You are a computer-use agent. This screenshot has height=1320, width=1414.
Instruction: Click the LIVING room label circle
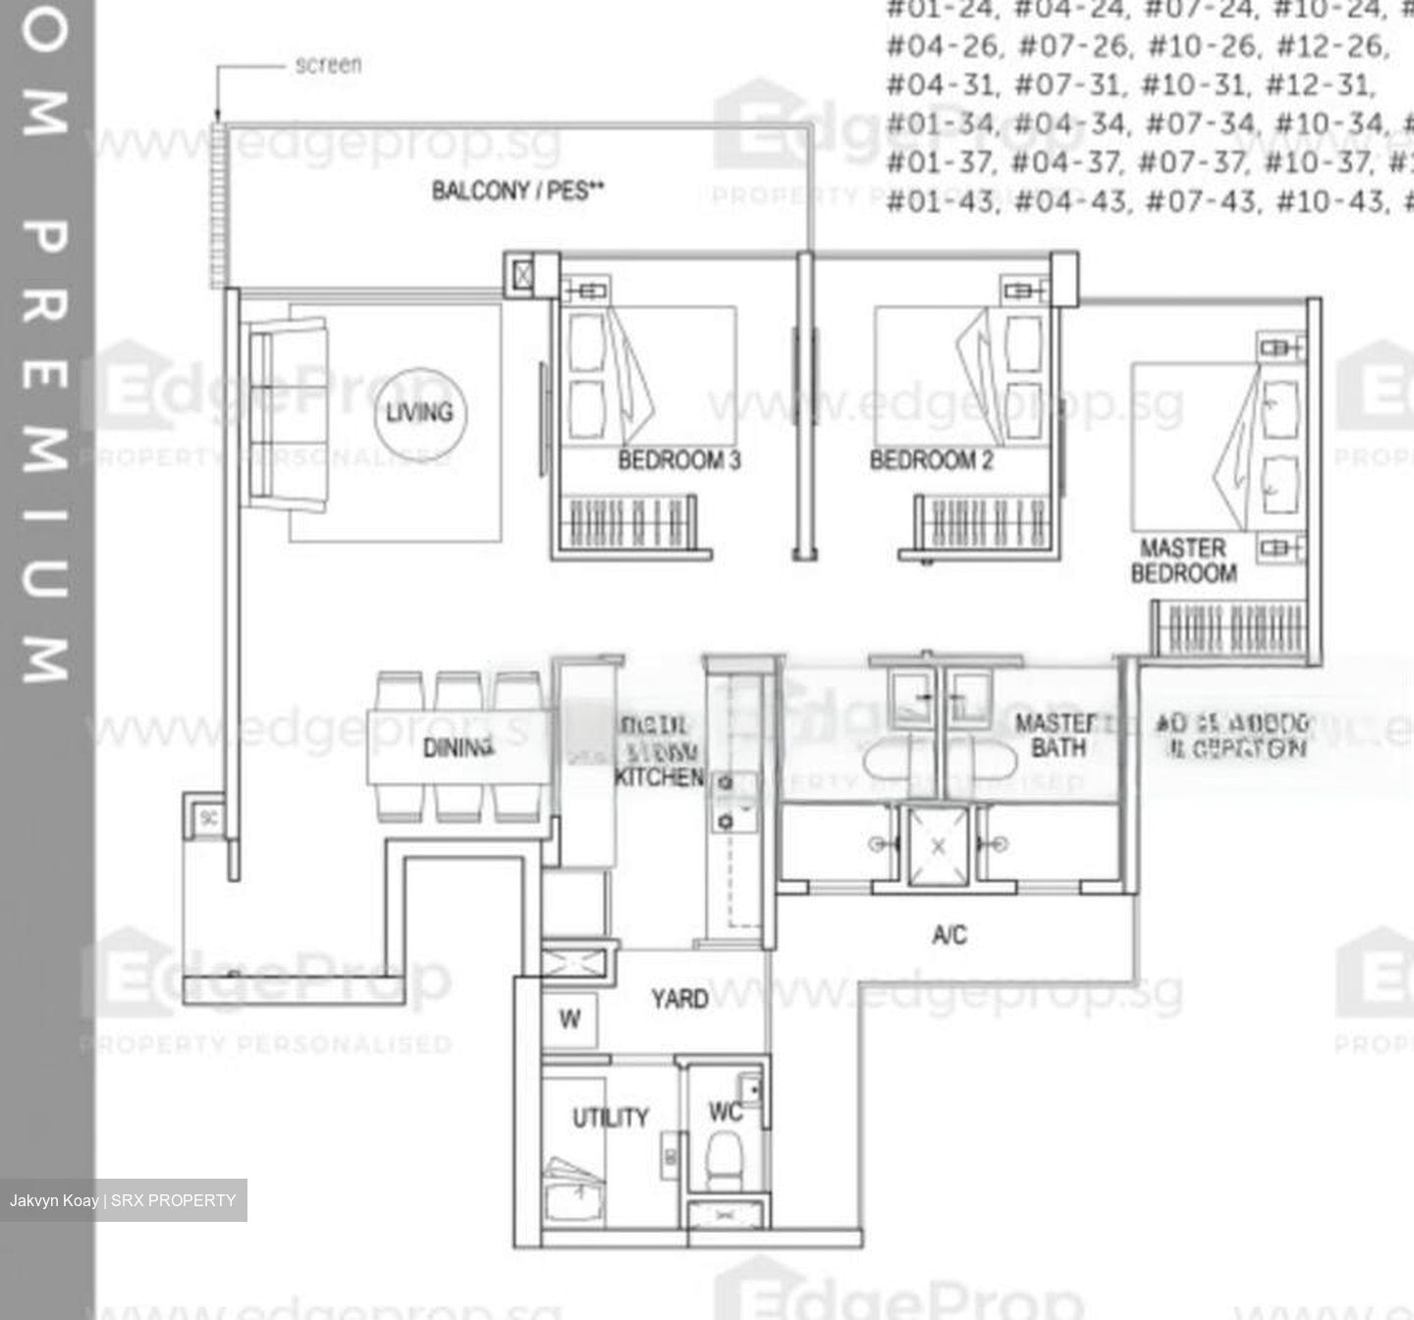pyautogui.click(x=419, y=412)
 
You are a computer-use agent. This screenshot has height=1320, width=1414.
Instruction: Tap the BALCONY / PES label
pyautogui.click(x=517, y=190)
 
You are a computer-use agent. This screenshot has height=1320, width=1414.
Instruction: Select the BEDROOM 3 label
pyautogui.click(x=679, y=459)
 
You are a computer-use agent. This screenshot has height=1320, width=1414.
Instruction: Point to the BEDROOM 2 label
pyautogui.click(x=931, y=459)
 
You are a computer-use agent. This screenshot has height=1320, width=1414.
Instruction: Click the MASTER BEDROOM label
pyautogui.click(x=1183, y=560)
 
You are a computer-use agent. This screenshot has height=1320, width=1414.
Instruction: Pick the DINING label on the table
pyautogui.click(x=458, y=748)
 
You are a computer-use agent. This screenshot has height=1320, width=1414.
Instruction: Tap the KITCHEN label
pyautogui.click(x=659, y=776)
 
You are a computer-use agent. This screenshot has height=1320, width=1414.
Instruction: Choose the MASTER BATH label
pyautogui.click(x=1057, y=735)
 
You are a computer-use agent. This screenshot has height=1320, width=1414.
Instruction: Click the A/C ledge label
pyautogui.click(x=950, y=934)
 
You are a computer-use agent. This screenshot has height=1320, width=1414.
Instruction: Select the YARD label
pyautogui.click(x=680, y=1000)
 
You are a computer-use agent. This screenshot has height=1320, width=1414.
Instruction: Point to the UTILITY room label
pyautogui.click(x=611, y=1117)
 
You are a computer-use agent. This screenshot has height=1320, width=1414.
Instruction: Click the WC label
pyautogui.click(x=725, y=1111)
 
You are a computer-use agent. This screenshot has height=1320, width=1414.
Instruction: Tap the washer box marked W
pyautogui.click(x=570, y=1019)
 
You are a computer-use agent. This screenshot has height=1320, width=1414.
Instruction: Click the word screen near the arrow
pyautogui.click(x=328, y=66)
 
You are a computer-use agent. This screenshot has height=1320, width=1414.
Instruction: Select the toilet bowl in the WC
pyautogui.click(x=726, y=1161)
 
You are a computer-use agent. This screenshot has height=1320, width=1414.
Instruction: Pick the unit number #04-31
pyautogui.click(x=942, y=84)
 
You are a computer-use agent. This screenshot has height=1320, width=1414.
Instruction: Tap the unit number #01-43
pyautogui.click(x=942, y=202)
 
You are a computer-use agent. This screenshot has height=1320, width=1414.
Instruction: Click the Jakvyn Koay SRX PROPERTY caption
pyautogui.click(x=123, y=1200)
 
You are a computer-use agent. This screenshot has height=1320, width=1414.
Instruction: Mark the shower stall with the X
pyautogui.click(x=938, y=845)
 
